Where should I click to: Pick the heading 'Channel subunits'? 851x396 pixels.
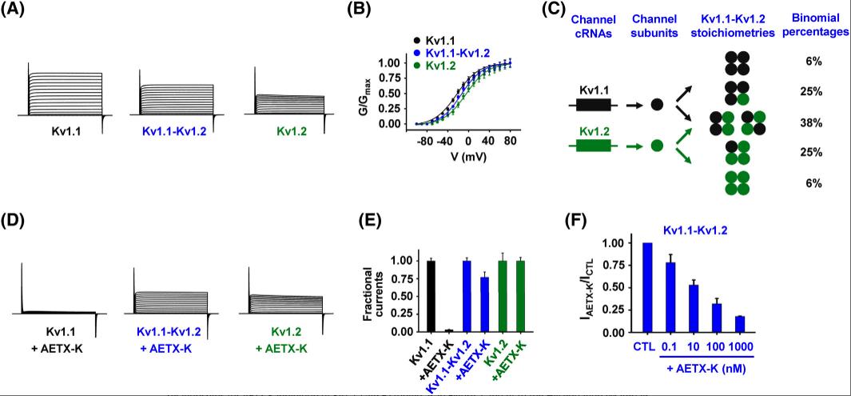(657, 24)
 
